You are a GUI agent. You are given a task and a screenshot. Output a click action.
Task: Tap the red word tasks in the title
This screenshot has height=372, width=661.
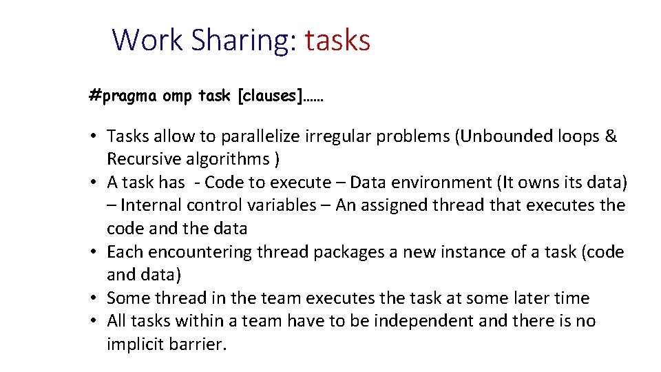(337, 40)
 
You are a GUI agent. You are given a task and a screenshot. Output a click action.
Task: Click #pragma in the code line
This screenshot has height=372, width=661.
(123, 96)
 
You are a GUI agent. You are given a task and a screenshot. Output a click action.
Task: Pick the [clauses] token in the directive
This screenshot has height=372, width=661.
(270, 96)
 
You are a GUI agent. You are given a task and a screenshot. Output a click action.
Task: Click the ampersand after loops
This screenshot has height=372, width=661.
(610, 136)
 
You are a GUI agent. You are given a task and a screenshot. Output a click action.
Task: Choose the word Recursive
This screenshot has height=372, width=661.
(144, 159)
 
